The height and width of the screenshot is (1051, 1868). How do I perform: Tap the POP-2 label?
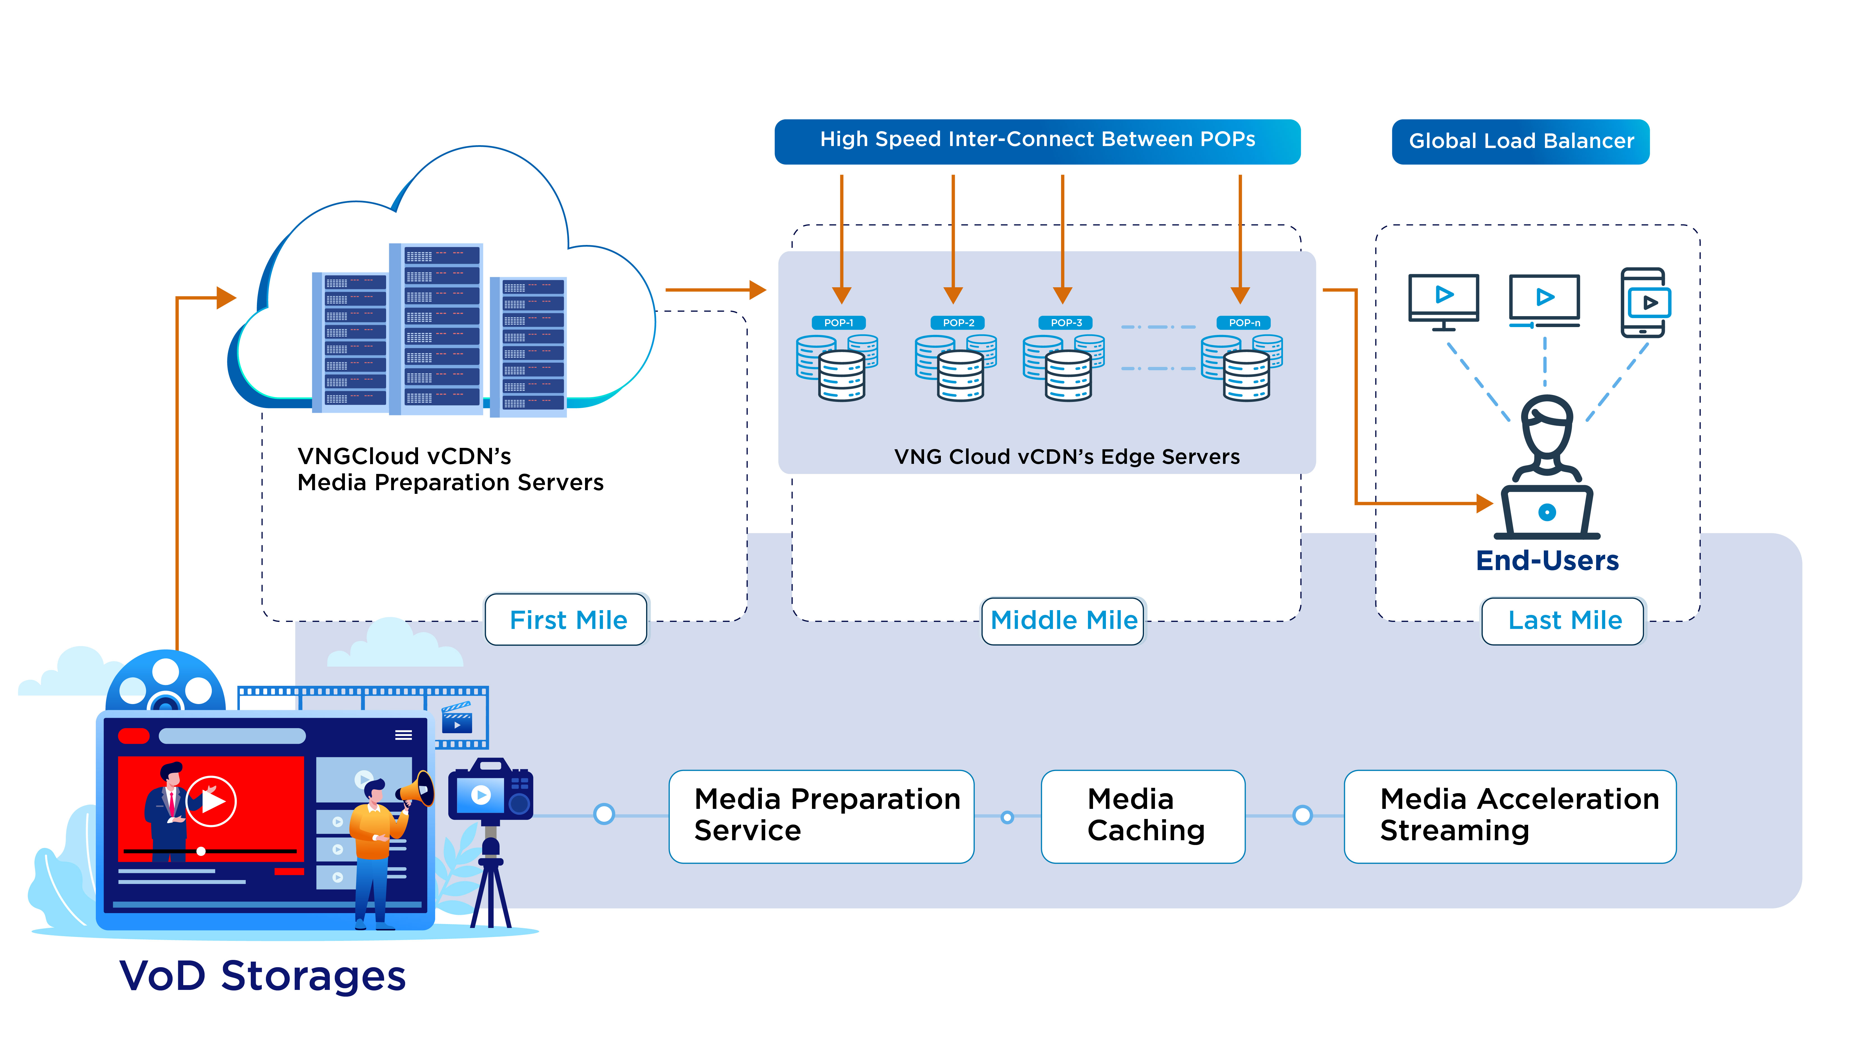tap(958, 323)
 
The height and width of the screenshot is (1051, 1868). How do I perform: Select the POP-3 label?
tap(1066, 323)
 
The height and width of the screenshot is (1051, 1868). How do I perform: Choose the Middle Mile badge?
tap(1063, 620)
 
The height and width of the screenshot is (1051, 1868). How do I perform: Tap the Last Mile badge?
tap(1564, 620)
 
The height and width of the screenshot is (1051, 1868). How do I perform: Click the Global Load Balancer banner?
tap(1521, 142)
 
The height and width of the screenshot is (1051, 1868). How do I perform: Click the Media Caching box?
tap(1143, 816)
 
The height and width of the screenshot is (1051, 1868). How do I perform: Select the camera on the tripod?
tap(491, 794)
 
